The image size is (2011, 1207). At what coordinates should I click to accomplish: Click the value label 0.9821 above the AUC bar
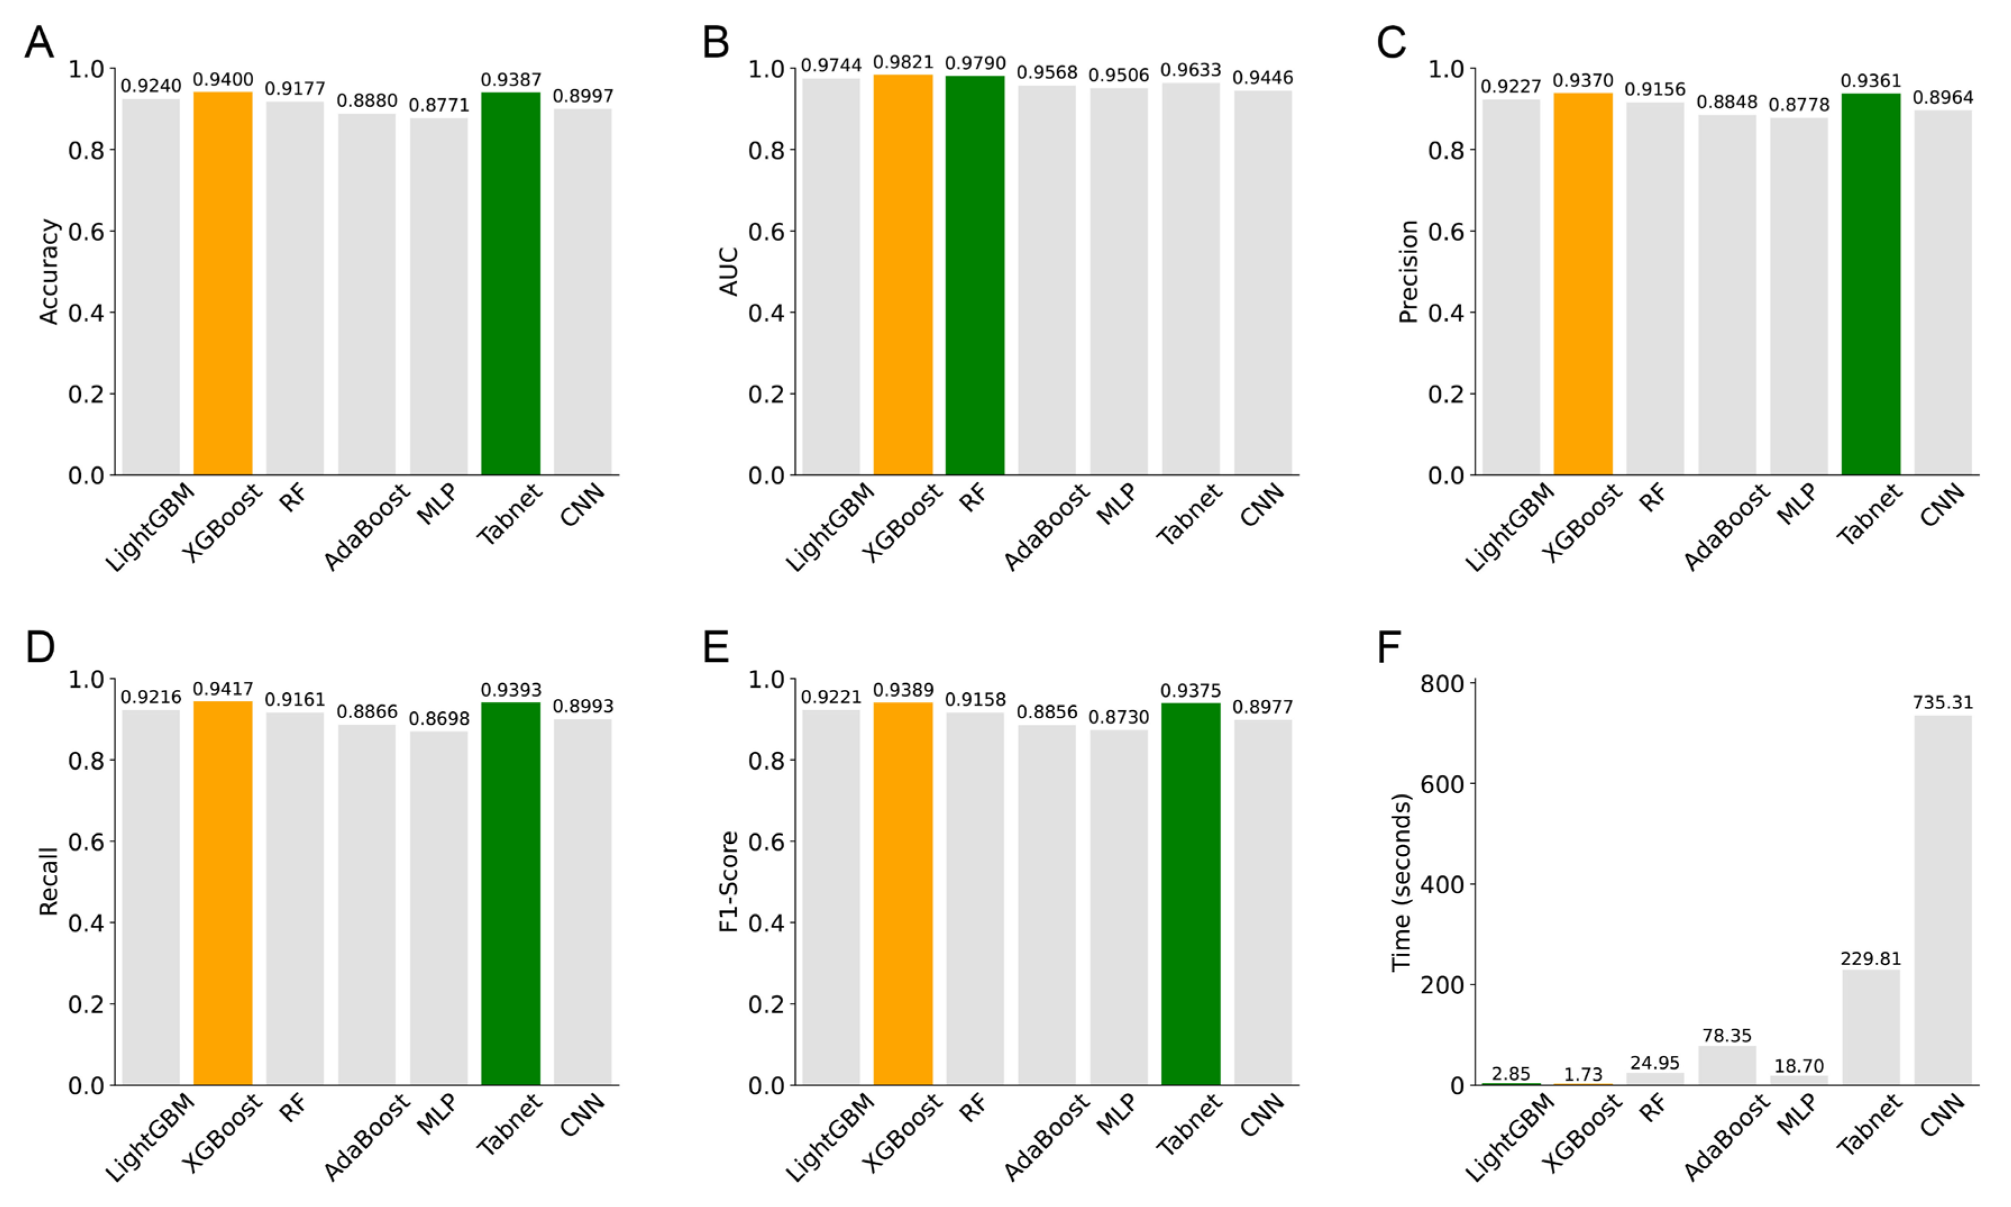903,63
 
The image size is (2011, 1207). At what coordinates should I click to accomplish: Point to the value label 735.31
1942,702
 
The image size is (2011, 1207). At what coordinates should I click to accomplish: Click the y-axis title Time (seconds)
1400,883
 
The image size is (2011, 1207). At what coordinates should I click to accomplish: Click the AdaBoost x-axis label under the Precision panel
1726,527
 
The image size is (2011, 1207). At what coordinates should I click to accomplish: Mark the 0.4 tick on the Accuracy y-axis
86,313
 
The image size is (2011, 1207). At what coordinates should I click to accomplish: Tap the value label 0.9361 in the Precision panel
1870,80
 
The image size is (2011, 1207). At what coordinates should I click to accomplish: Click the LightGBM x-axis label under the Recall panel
150,1137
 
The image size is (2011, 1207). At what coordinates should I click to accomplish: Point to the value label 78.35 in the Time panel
1726,1035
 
